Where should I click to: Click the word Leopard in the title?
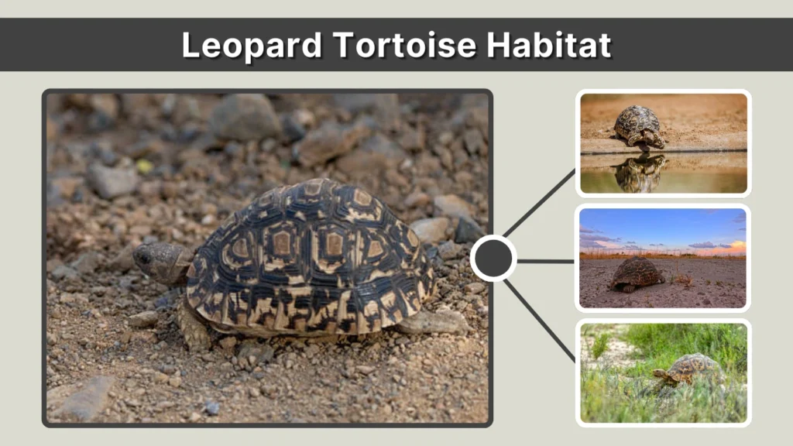(x=251, y=45)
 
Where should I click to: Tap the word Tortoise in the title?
(x=404, y=45)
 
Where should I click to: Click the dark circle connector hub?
(x=493, y=258)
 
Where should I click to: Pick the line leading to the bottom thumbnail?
(x=540, y=318)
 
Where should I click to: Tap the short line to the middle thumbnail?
(x=545, y=261)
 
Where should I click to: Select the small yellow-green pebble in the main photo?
(x=144, y=166)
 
